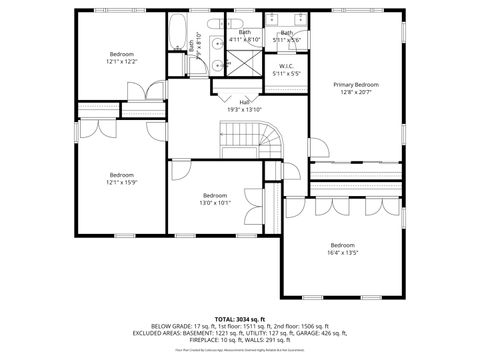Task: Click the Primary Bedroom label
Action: [x=357, y=86]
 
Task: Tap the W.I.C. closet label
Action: [x=286, y=67]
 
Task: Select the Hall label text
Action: [x=244, y=101]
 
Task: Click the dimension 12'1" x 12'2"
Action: [x=123, y=61]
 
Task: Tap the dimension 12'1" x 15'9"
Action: [x=121, y=182]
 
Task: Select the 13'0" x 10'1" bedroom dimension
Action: [x=215, y=202]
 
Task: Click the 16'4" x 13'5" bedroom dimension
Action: [x=343, y=253]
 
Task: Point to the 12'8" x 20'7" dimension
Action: [x=357, y=93]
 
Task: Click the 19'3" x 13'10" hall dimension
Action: [x=244, y=108]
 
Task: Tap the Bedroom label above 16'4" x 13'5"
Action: [x=343, y=245]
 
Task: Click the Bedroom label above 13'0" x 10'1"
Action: [x=215, y=195]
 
